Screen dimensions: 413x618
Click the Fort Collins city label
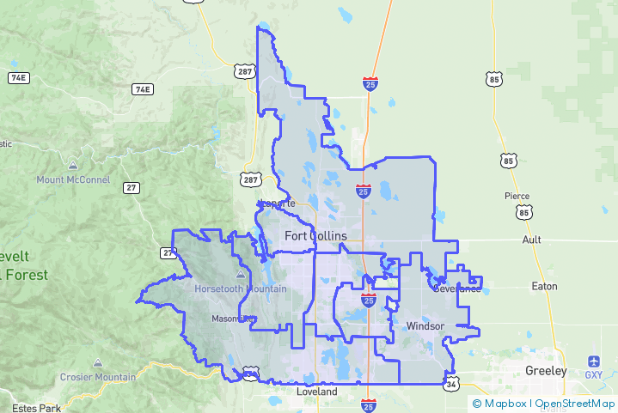coord(317,235)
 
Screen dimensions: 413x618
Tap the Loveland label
coord(314,391)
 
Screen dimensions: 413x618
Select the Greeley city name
coord(546,371)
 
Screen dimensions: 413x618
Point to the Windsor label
coord(425,326)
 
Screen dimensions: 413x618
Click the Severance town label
coord(456,288)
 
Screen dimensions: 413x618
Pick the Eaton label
coord(544,286)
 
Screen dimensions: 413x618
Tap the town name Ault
coord(531,240)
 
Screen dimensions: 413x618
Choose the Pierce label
coord(517,196)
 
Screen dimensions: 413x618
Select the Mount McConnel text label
coord(73,179)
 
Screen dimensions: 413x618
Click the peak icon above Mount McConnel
coord(73,165)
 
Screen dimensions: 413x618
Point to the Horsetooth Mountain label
coord(241,288)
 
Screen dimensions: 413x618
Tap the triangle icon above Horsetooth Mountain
coord(241,275)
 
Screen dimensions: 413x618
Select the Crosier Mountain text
coord(98,377)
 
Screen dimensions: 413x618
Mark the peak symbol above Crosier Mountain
coord(98,362)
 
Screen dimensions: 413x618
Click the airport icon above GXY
coord(594,361)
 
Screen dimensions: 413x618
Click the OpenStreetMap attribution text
coord(574,403)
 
